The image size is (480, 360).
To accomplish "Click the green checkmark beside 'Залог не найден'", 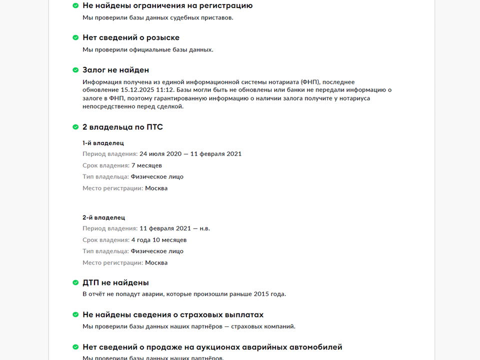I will coord(75,70).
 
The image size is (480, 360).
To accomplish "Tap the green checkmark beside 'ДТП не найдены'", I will coord(75,282).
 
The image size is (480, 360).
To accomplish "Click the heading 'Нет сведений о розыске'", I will coord(130,37).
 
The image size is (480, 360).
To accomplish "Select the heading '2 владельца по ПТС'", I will coord(122,127).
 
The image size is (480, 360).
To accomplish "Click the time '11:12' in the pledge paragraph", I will coord(164,89).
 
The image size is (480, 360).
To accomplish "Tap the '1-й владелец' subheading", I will coord(103,143).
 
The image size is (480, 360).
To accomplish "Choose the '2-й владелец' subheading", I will coord(103,217).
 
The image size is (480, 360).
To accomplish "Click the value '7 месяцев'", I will coord(146,165).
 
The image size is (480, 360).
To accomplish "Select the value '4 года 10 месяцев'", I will coord(159,240).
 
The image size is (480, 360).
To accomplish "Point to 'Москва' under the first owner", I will coord(156,188).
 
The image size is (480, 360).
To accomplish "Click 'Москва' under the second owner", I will coord(156,263).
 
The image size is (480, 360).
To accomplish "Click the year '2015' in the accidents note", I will coord(262,294).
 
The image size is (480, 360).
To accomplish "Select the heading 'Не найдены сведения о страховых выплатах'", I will coord(173,314).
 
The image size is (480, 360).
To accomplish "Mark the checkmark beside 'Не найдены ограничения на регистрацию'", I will coord(75,5).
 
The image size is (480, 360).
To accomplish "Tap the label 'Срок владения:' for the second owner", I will coord(105,240).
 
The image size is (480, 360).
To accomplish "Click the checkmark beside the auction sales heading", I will coord(75,347).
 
